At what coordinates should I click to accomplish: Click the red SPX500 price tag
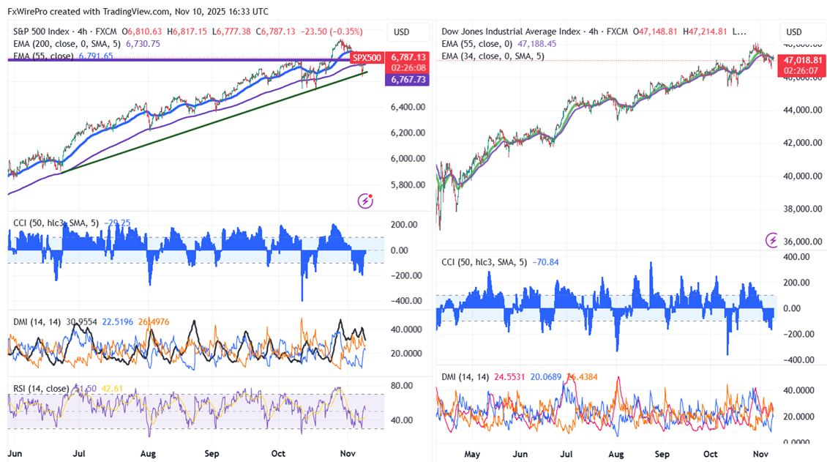click(367, 57)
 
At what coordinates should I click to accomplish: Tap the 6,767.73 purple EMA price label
click(408, 78)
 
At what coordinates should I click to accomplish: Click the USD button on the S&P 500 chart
click(401, 32)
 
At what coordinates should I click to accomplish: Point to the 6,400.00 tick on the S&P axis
click(408, 108)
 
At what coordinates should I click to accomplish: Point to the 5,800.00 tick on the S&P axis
click(408, 185)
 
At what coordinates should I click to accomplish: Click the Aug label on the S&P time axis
click(149, 453)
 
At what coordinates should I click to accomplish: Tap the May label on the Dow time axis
click(473, 453)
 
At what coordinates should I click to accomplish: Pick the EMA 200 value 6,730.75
click(143, 44)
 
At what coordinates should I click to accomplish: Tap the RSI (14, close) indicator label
click(42, 388)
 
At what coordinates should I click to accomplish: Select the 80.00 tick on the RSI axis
click(402, 386)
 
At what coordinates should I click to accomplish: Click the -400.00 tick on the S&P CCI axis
click(405, 301)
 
